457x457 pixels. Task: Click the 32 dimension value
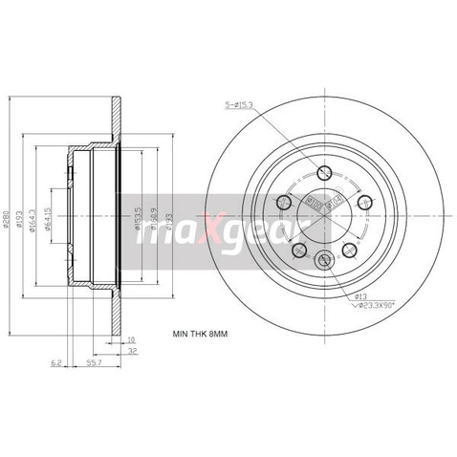(x=133, y=352)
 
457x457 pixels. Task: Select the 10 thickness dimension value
(x=132, y=337)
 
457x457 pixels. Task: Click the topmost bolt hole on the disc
(x=323, y=173)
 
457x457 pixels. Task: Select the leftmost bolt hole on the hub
(x=283, y=203)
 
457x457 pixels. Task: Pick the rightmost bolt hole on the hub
(x=364, y=202)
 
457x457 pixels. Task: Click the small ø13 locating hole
(x=325, y=258)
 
